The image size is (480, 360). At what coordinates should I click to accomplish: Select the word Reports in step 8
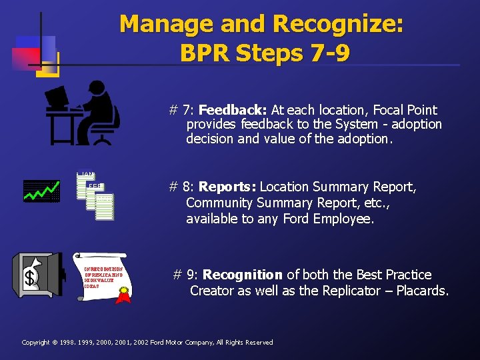pos(228,187)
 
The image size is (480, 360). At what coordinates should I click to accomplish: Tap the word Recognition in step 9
pos(243,275)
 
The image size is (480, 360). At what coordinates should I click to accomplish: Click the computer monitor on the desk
pos(57,98)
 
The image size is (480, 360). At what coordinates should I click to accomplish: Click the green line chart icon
pos(41,191)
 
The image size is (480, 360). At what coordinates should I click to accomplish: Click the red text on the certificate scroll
pos(103,277)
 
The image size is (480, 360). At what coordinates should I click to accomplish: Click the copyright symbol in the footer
pos(55,343)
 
